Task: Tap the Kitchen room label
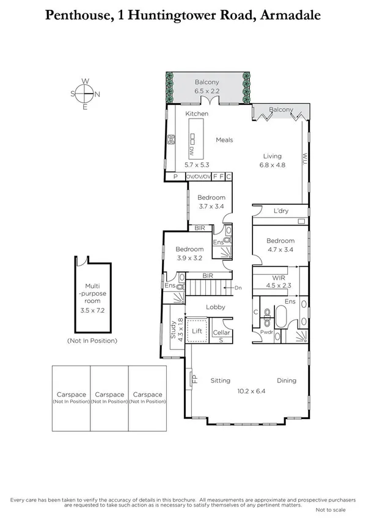pos(197,114)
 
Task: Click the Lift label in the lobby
pos(197,330)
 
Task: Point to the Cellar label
pos(221,333)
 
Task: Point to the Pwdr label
pos(266,333)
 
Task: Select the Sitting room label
pos(221,380)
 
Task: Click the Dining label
pos(286,380)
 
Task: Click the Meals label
pos(225,140)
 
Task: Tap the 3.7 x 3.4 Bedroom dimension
pos(211,206)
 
